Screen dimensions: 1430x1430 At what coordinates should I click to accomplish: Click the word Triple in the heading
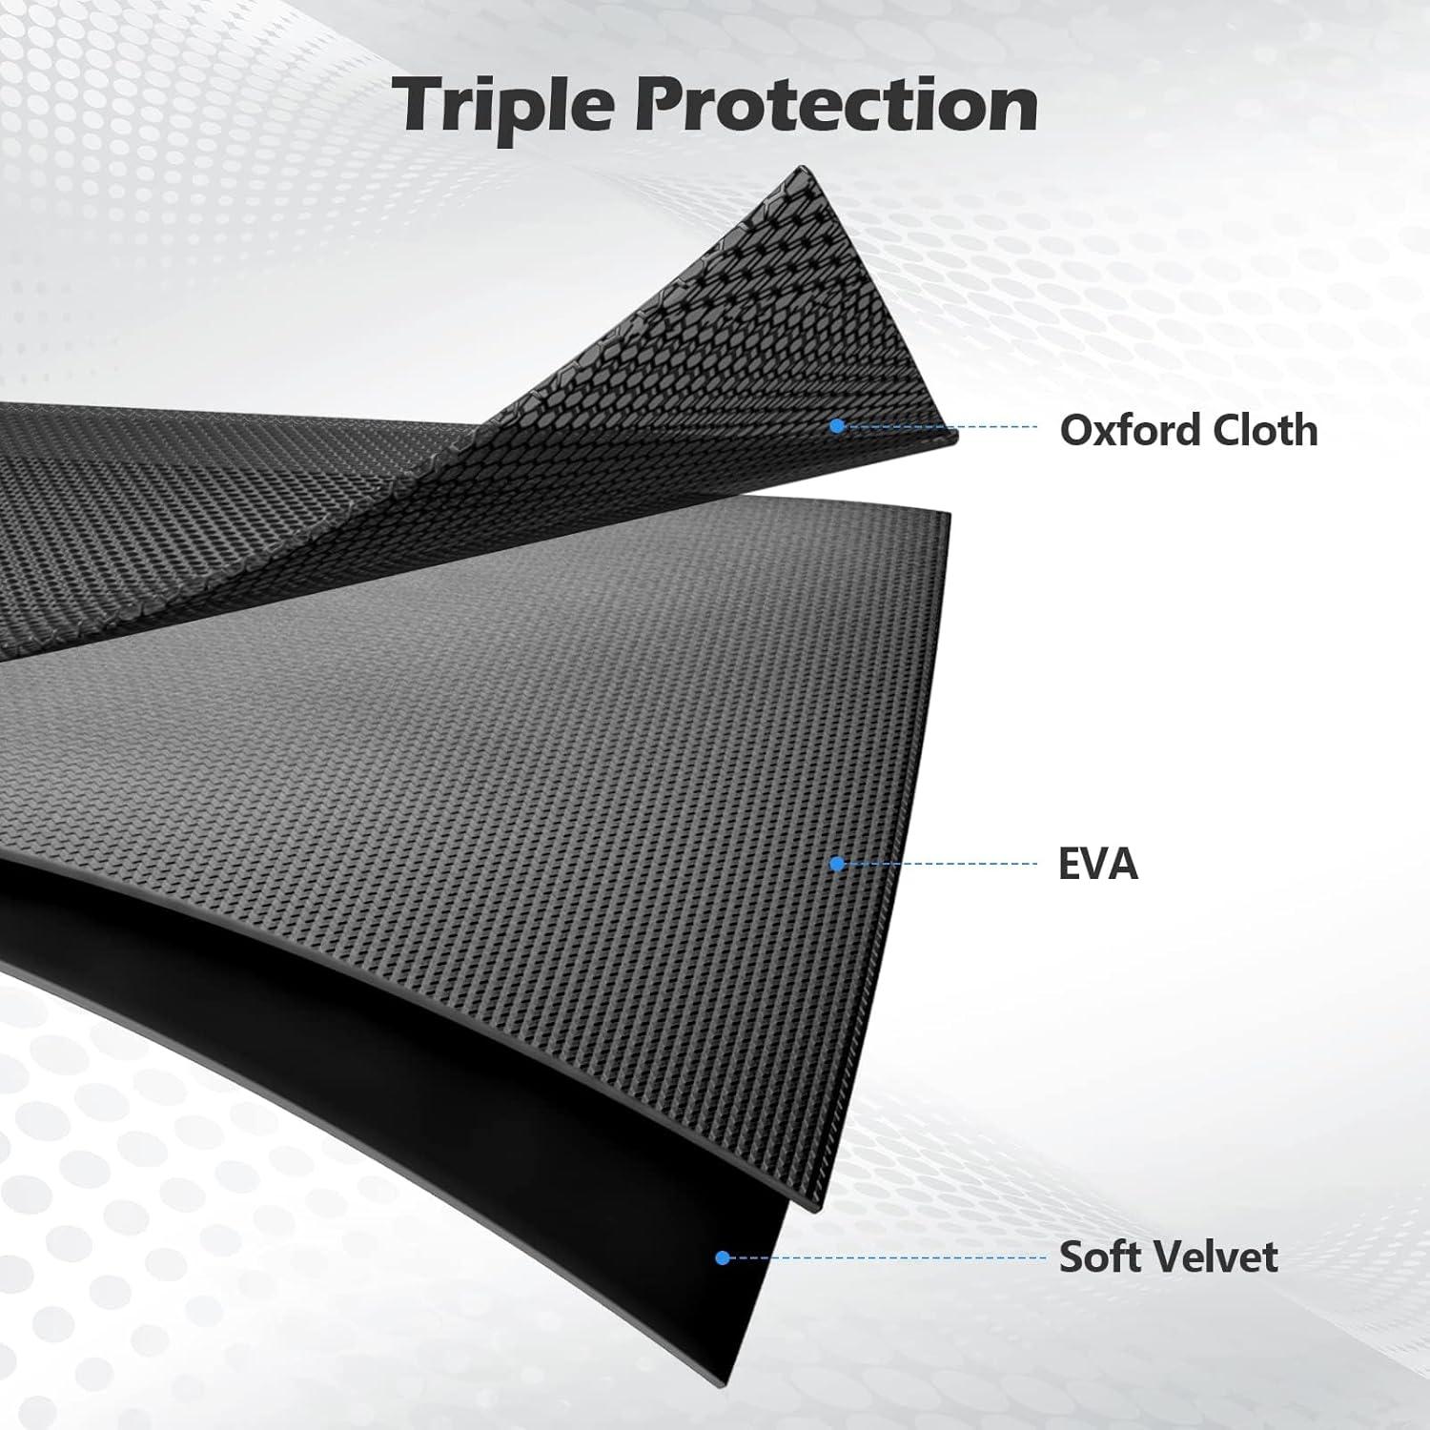click(x=503, y=106)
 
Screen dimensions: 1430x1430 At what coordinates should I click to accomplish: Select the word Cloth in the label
click(x=1252, y=430)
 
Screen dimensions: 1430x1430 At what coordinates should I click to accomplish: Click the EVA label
click(x=1098, y=864)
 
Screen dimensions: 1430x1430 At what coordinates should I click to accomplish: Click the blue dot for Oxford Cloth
click(x=837, y=426)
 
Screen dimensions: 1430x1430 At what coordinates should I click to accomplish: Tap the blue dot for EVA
click(x=837, y=864)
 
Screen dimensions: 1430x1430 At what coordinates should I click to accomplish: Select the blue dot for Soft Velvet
click(x=723, y=1258)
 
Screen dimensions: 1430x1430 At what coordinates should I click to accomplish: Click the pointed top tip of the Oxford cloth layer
click(x=793, y=167)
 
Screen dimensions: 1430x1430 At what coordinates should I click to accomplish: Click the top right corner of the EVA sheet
click(x=950, y=512)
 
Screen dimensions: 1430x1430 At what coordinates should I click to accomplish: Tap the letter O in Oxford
click(x=1076, y=431)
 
